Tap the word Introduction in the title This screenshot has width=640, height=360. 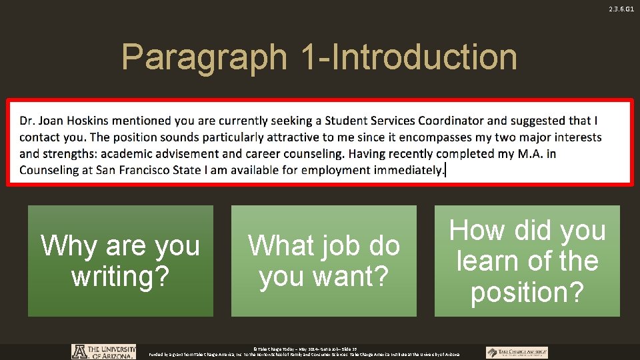click(x=424, y=57)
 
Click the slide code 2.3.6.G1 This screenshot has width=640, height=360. click(x=621, y=9)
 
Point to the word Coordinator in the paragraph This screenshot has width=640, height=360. click(x=453, y=121)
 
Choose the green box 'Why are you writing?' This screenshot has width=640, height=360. click(x=121, y=261)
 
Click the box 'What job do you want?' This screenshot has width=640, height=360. click(x=324, y=261)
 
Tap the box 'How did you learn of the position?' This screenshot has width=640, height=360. click(x=527, y=261)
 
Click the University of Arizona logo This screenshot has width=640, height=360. click(x=103, y=352)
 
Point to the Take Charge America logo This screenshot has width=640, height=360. click(x=517, y=353)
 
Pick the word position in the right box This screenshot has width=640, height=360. click(x=527, y=292)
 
